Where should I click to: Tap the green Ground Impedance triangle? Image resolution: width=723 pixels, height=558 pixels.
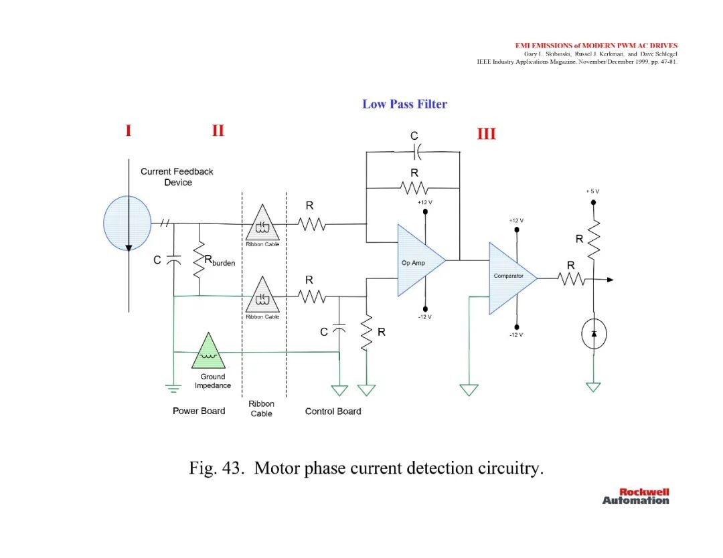pos(208,353)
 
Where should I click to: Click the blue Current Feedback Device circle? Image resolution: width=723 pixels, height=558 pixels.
pos(127,223)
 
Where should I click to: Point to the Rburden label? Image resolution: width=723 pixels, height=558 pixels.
pos(220,261)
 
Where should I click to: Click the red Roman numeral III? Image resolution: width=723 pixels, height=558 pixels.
pos(487,134)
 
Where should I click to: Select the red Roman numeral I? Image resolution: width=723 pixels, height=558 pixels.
pos(128,130)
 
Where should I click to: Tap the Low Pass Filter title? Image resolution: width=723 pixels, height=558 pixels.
pos(404,104)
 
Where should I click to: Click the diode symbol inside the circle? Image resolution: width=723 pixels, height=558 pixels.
pos(594,334)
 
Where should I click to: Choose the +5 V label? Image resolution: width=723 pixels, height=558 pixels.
pos(592,191)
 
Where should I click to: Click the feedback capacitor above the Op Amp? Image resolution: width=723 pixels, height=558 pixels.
pos(417,151)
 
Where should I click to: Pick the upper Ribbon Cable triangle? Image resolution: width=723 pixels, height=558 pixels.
pos(262,223)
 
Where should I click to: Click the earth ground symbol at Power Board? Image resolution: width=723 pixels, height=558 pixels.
pos(173,389)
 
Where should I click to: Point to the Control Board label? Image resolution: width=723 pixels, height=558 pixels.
pos(333,411)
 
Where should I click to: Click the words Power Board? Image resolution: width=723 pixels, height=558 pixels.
pos(199,411)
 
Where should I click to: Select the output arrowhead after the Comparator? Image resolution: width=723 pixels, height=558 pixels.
pos(610,280)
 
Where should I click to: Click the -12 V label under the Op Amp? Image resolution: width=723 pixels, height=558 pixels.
pos(424,317)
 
